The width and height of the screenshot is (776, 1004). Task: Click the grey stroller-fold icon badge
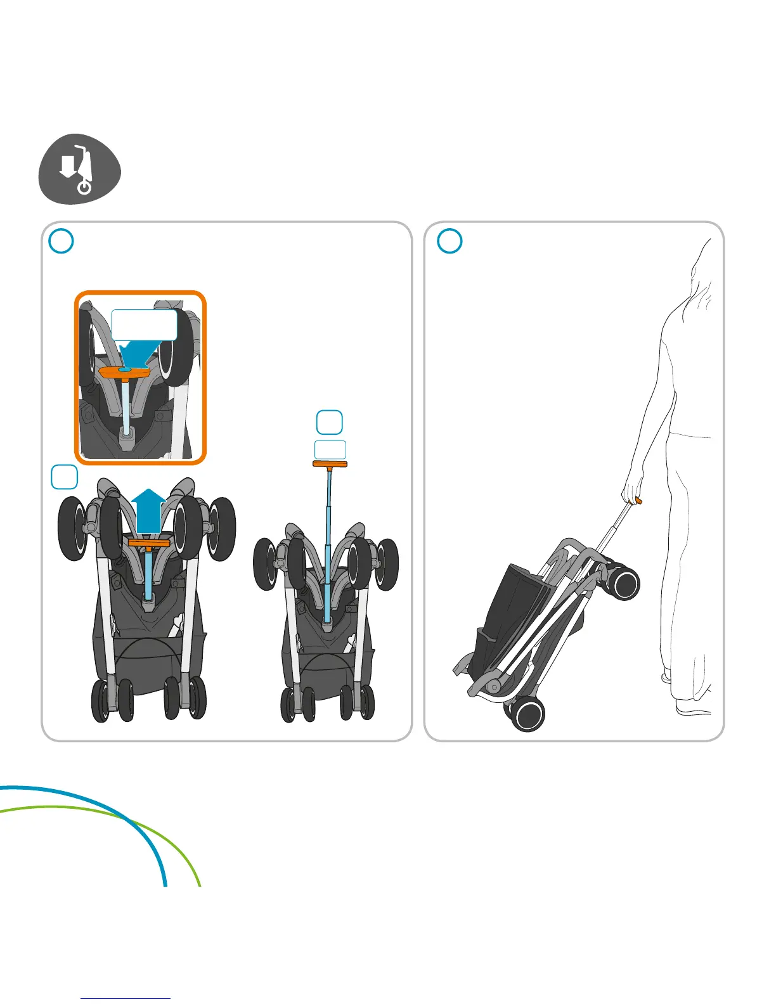pos(79,169)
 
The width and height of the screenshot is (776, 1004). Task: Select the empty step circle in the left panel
pos(61,241)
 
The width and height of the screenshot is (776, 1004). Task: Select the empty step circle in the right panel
pos(449,241)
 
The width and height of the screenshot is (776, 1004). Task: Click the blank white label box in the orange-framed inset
pos(144,325)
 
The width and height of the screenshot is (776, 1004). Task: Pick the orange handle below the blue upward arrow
pos(150,543)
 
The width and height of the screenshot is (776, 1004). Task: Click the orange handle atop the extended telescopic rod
pos(330,464)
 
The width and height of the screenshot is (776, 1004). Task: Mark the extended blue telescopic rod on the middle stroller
pos(328,539)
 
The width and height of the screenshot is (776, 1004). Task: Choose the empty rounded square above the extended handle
pos(329,422)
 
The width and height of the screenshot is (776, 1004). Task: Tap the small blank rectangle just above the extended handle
pos(330,449)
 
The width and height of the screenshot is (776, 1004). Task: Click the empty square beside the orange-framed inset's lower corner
pos(64,477)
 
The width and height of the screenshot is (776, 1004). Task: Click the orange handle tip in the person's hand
pos(638,501)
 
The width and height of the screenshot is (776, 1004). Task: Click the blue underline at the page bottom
pos(126,998)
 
